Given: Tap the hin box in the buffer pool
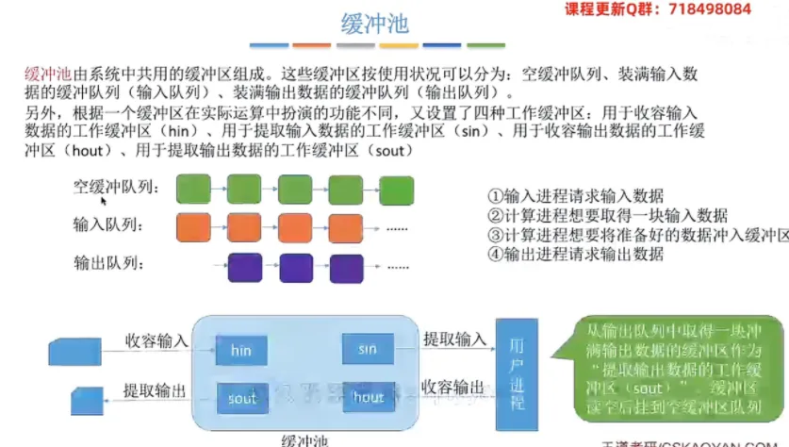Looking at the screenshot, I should coord(240,351).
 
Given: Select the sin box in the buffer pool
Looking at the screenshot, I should coord(368,349).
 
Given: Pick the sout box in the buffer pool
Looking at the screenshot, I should coord(241,398).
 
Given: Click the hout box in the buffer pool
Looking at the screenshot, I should coord(368,397).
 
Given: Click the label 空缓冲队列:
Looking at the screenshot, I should coord(117,188).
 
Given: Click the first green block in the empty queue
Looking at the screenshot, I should coord(193,188).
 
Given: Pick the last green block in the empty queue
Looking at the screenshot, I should coord(395,188).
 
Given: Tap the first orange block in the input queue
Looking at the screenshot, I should coord(193,225).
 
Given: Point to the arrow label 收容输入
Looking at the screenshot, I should coord(156,339).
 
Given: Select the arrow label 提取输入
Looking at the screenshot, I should coord(454,338).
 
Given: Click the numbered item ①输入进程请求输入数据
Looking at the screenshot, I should coord(575,196).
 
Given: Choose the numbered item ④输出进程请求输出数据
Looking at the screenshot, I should coord(575,253).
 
